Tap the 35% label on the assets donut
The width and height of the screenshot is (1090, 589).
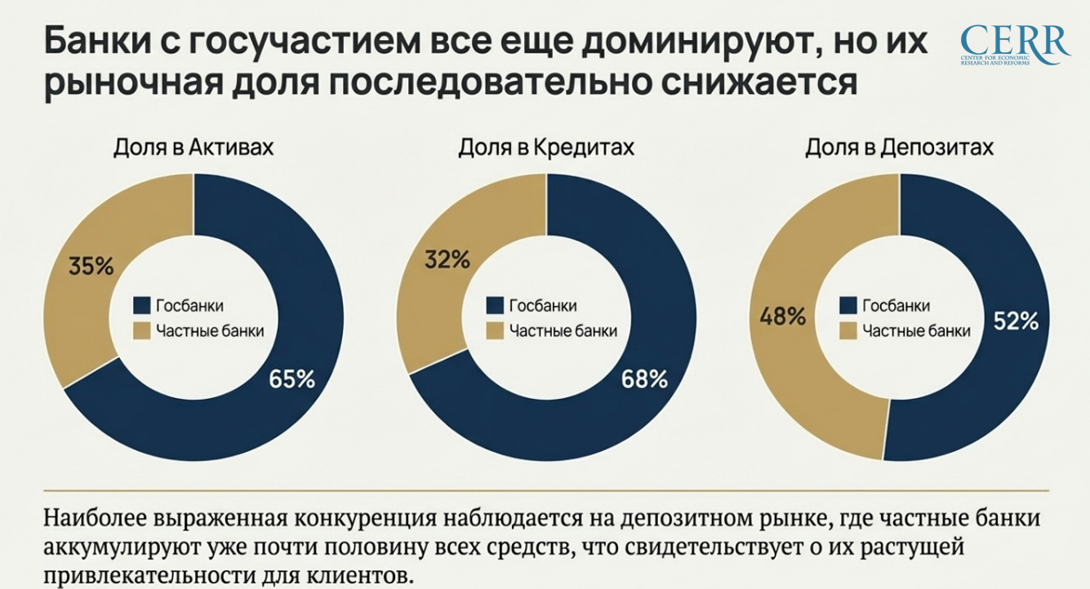92,266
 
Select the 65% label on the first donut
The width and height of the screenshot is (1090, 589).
291,379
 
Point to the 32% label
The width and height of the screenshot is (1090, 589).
447,260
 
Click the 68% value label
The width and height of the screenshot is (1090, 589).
644,379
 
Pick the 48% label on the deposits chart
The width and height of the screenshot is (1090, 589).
783,316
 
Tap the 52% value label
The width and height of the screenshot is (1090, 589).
1016,321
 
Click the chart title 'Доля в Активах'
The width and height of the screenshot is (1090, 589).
193,148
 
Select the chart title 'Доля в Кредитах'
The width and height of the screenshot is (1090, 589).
546,148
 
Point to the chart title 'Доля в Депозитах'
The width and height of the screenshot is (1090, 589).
899,148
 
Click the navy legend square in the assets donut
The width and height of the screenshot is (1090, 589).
141,306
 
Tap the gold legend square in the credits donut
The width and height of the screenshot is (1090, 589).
494,331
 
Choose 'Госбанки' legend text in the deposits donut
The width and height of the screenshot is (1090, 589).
896,306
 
